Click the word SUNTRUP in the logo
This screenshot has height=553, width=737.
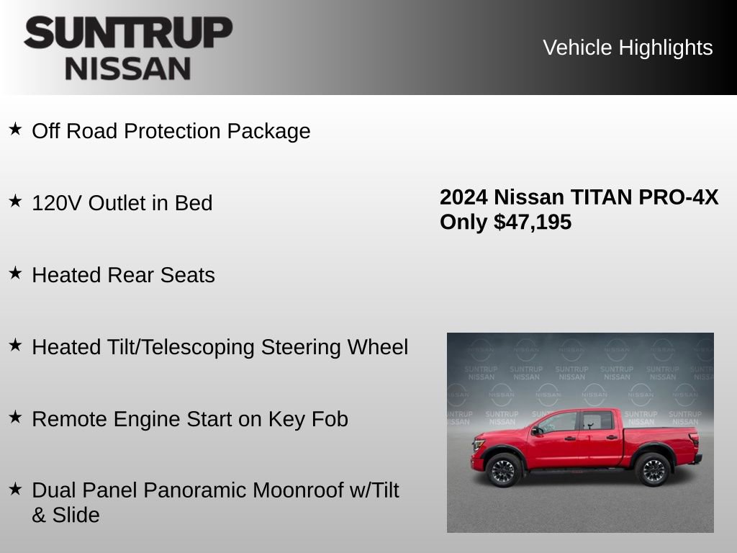coord(128,33)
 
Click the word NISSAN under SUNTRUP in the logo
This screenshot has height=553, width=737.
coord(128,68)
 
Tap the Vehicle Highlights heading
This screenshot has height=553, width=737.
coord(628,48)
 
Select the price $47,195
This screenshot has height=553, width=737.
coord(533,222)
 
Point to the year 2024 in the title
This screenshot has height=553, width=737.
coord(464,197)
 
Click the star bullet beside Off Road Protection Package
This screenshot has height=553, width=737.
coord(15,129)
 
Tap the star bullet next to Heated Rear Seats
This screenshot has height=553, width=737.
coord(15,273)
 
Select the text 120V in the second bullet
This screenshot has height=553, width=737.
coord(57,203)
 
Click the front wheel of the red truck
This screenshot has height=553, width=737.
coord(503,470)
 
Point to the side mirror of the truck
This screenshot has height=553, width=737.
coord(535,431)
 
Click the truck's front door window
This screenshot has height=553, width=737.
coord(559,423)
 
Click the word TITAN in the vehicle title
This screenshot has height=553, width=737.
coord(597,197)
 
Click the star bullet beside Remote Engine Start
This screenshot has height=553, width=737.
coord(15,417)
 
